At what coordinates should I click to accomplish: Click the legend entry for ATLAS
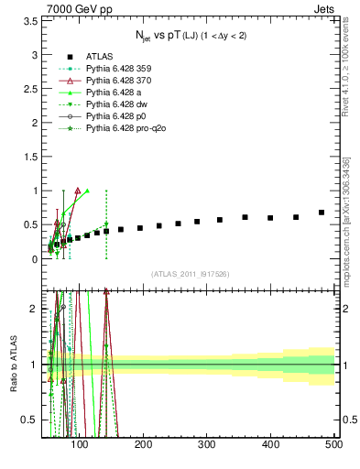tap(99, 57)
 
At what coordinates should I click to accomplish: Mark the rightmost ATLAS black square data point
tap(322, 213)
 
